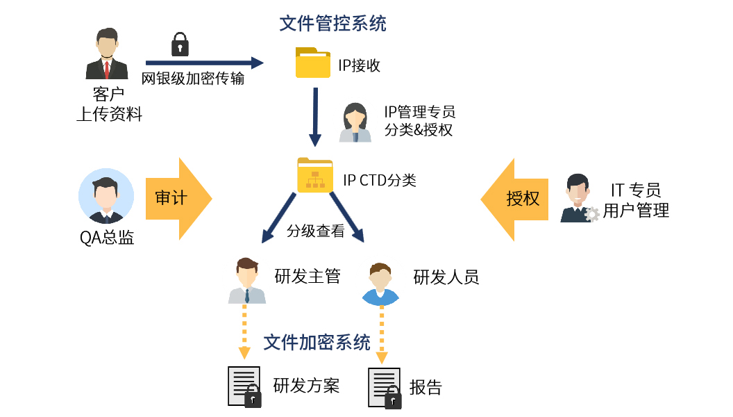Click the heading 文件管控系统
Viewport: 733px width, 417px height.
[332, 24]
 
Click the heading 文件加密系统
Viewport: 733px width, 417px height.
[317, 342]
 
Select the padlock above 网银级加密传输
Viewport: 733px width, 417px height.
[180, 44]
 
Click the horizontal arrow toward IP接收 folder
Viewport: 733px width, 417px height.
[204, 63]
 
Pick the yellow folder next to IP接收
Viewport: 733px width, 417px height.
[313, 63]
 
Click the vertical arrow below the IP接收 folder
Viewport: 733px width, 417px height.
[315, 116]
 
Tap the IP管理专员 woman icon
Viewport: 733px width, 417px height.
[355, 122]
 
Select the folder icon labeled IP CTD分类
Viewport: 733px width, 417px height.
[315, 174]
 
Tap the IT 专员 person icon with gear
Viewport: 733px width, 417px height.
[578, 199]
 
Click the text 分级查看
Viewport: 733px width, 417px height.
[315, 231]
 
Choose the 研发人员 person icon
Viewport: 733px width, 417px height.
[380, 284]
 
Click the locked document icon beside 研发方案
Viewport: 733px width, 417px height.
[245, 386]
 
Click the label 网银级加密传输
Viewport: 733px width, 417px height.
[193, 79]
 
